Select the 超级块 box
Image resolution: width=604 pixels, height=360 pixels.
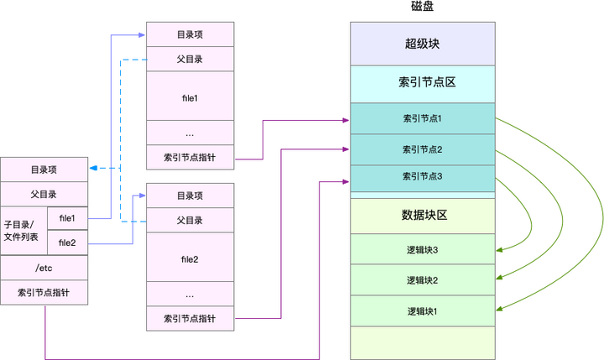pos(423,44)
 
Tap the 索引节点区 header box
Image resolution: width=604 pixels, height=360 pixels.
pos(423,83)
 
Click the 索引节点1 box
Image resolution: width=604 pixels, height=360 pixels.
pos(423,118)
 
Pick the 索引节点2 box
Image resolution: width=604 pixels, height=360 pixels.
pos(423,149)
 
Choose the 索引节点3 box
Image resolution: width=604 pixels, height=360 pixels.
pos(423,176)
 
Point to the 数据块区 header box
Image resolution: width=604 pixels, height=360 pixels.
pos(423,215)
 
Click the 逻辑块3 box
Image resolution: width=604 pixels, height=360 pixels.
pos(423,249)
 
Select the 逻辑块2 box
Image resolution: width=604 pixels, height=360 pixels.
pos(423,279)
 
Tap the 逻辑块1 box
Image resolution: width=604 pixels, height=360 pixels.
pos(423,310)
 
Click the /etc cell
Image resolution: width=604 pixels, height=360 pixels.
pos(44,268)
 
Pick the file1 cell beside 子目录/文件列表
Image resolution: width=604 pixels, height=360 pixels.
pos(67,218)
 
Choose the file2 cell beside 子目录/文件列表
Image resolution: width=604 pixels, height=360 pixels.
pos(67,243)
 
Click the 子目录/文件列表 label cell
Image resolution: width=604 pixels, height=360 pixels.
pos(23,231)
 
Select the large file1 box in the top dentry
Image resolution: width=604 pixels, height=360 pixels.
pos(190,96)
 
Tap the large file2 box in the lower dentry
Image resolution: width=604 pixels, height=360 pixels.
pos(190,258)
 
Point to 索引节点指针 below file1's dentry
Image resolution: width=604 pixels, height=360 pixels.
pos(190,156)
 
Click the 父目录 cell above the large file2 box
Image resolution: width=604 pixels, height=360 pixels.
pos(190,221)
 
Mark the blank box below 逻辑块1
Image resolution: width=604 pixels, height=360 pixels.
pos(423,342)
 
